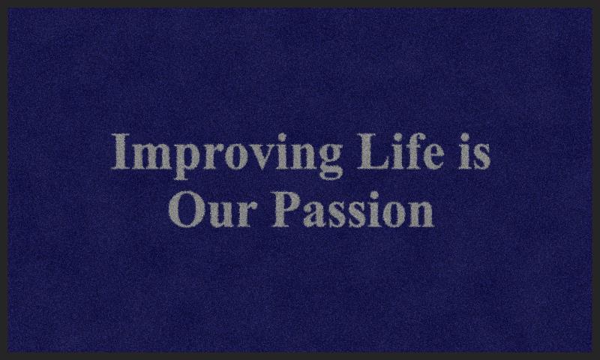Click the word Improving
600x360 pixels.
[x=226, y=155]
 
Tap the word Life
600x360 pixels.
[x=400, y=150]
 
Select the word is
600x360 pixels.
[x=475, y=151]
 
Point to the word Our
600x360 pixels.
[x=212, y=209]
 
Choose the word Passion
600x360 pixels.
[x=352, y=209]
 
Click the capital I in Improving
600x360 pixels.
[x=121, y=151]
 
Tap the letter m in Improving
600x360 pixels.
[x=154, y=156]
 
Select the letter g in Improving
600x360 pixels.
[x=328, y=161]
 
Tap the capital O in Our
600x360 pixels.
[x=186, y=209]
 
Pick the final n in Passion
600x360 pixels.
[x=421, y=214]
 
